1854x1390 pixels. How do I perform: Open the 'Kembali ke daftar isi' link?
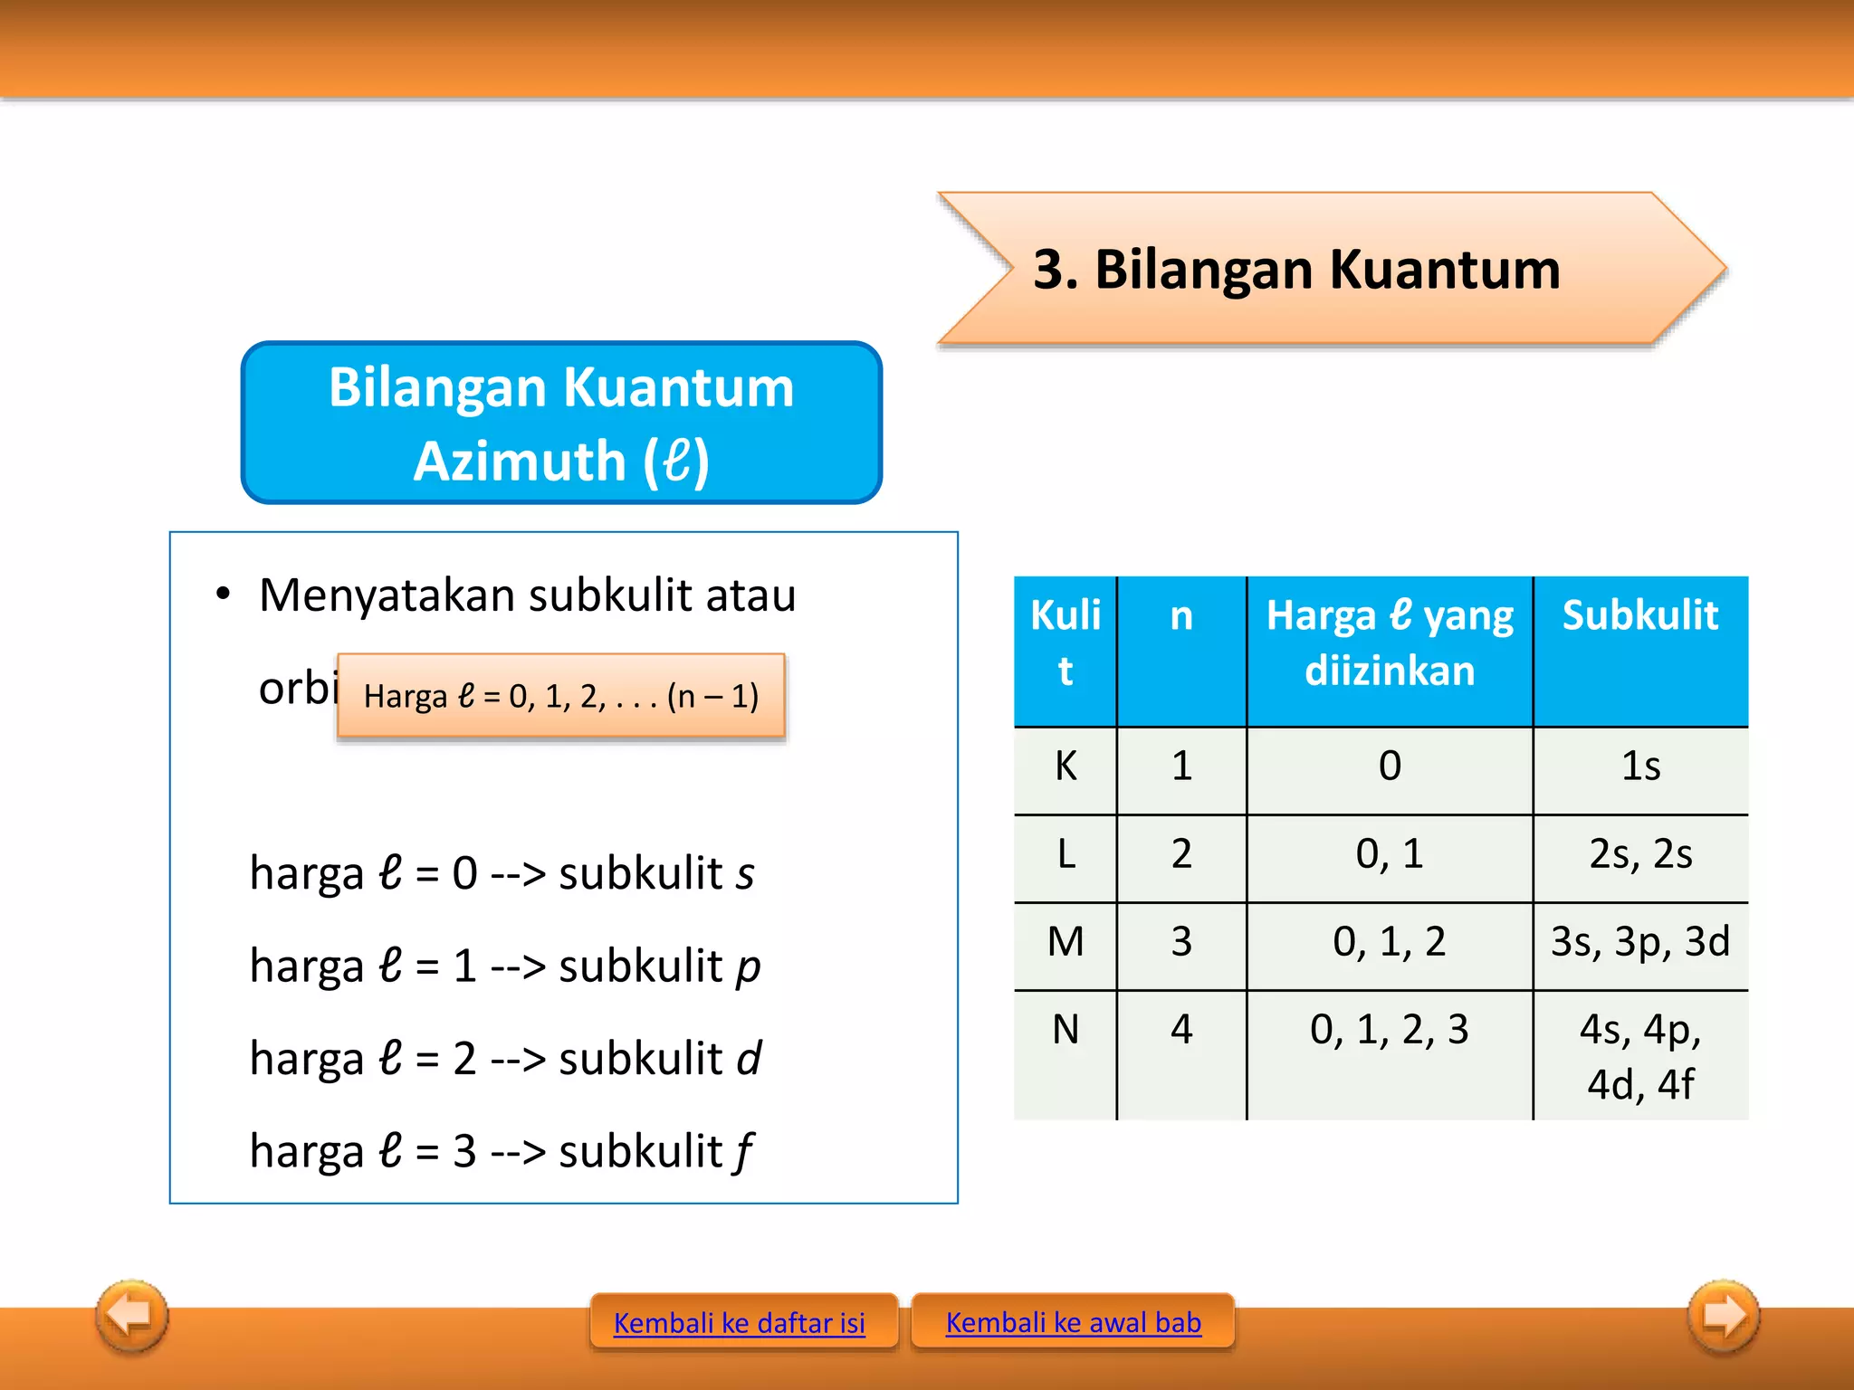pos(739,1323)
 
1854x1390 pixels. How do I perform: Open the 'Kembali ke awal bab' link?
pos(1073,1322)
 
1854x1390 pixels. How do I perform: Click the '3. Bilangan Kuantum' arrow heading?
pos(1296,270)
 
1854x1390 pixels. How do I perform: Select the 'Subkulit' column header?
pos(1639,615)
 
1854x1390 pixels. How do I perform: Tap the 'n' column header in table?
pos(1180,615)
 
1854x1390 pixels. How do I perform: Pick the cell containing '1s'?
pos(1639,766)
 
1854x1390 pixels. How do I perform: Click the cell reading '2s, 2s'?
pos(1639,854)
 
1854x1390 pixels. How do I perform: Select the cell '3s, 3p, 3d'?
pos(1639,942)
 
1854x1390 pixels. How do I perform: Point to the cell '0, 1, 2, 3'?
pos(1389,1030)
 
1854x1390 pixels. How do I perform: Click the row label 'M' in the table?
pos(1066,942)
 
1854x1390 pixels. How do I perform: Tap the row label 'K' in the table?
pos(1066,766)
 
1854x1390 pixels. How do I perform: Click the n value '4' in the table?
pos(1180,1030)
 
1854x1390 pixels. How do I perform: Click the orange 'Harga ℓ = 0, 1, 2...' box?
pos(560,696)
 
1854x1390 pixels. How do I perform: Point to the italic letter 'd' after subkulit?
pos(749,1058)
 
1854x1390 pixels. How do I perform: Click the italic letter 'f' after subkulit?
pos(743,1152)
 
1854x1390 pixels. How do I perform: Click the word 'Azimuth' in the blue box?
pos(519,462)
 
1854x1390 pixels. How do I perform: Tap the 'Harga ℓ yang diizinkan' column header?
pos(1389,643)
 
